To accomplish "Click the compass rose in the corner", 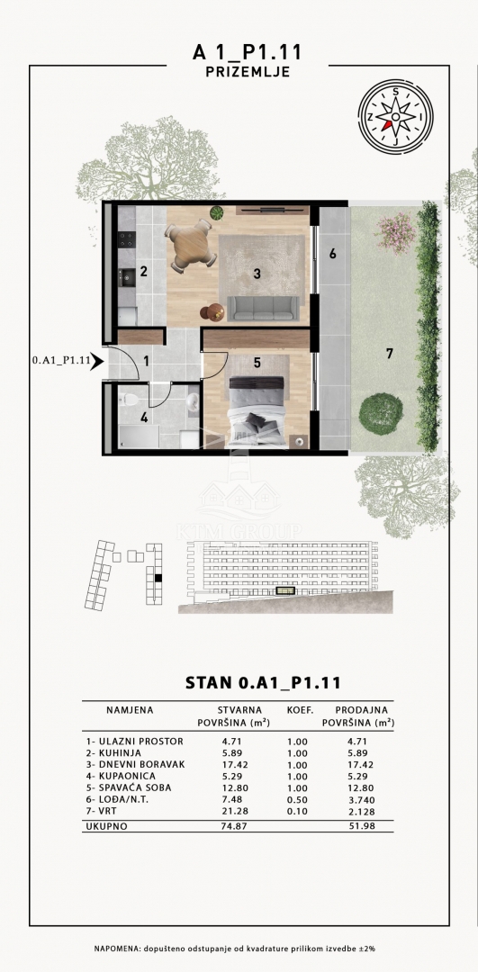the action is pyautogui.click(x=395, y=116).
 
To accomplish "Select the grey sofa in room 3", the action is pyautogui.click(x=264, y=309).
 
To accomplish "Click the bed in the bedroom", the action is pyautogui.click(x=257, y=411).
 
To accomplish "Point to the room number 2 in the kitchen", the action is pyautogui.click(x=143, y=271).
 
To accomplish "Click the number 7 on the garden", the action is pyautogui.click(x=390, y=354).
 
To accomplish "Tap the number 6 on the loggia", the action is pyautogui.click(x=333, y=254).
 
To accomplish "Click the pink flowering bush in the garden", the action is pyautogui.click(x=396, y=232).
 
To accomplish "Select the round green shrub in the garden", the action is pyautogui.click(x=381, y=413).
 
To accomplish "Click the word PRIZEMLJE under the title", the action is pyautogui.click(x=248, y=72).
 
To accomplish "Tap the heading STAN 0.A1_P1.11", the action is pyautogui.click(x=263, y=682).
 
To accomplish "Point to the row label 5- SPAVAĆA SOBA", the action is pyautogui.click(x=129, y=787).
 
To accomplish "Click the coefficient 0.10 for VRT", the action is pyautogui.click(x=297, y=812).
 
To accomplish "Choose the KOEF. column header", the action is pyautogui.click(x=300, y=710).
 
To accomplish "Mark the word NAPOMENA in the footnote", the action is pyautogui.click(x=117, y=949).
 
